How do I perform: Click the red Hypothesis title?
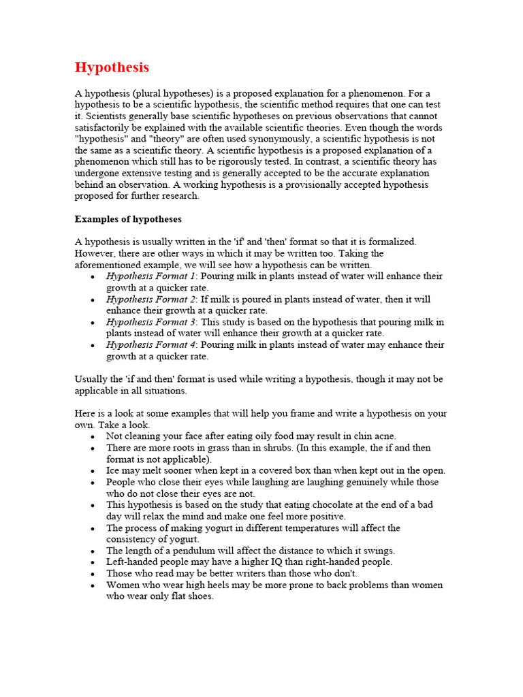[112, 67]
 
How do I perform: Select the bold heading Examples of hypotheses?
[128, 219]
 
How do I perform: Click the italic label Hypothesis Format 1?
[150, 276]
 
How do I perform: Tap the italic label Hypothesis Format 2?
[150, 299]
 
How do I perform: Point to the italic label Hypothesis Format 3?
[150, 322]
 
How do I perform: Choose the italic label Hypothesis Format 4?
[150, 345]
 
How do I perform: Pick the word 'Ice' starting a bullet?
[113, 470]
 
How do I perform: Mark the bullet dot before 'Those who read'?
[93, 574]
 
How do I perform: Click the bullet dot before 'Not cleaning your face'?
[93, 436]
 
